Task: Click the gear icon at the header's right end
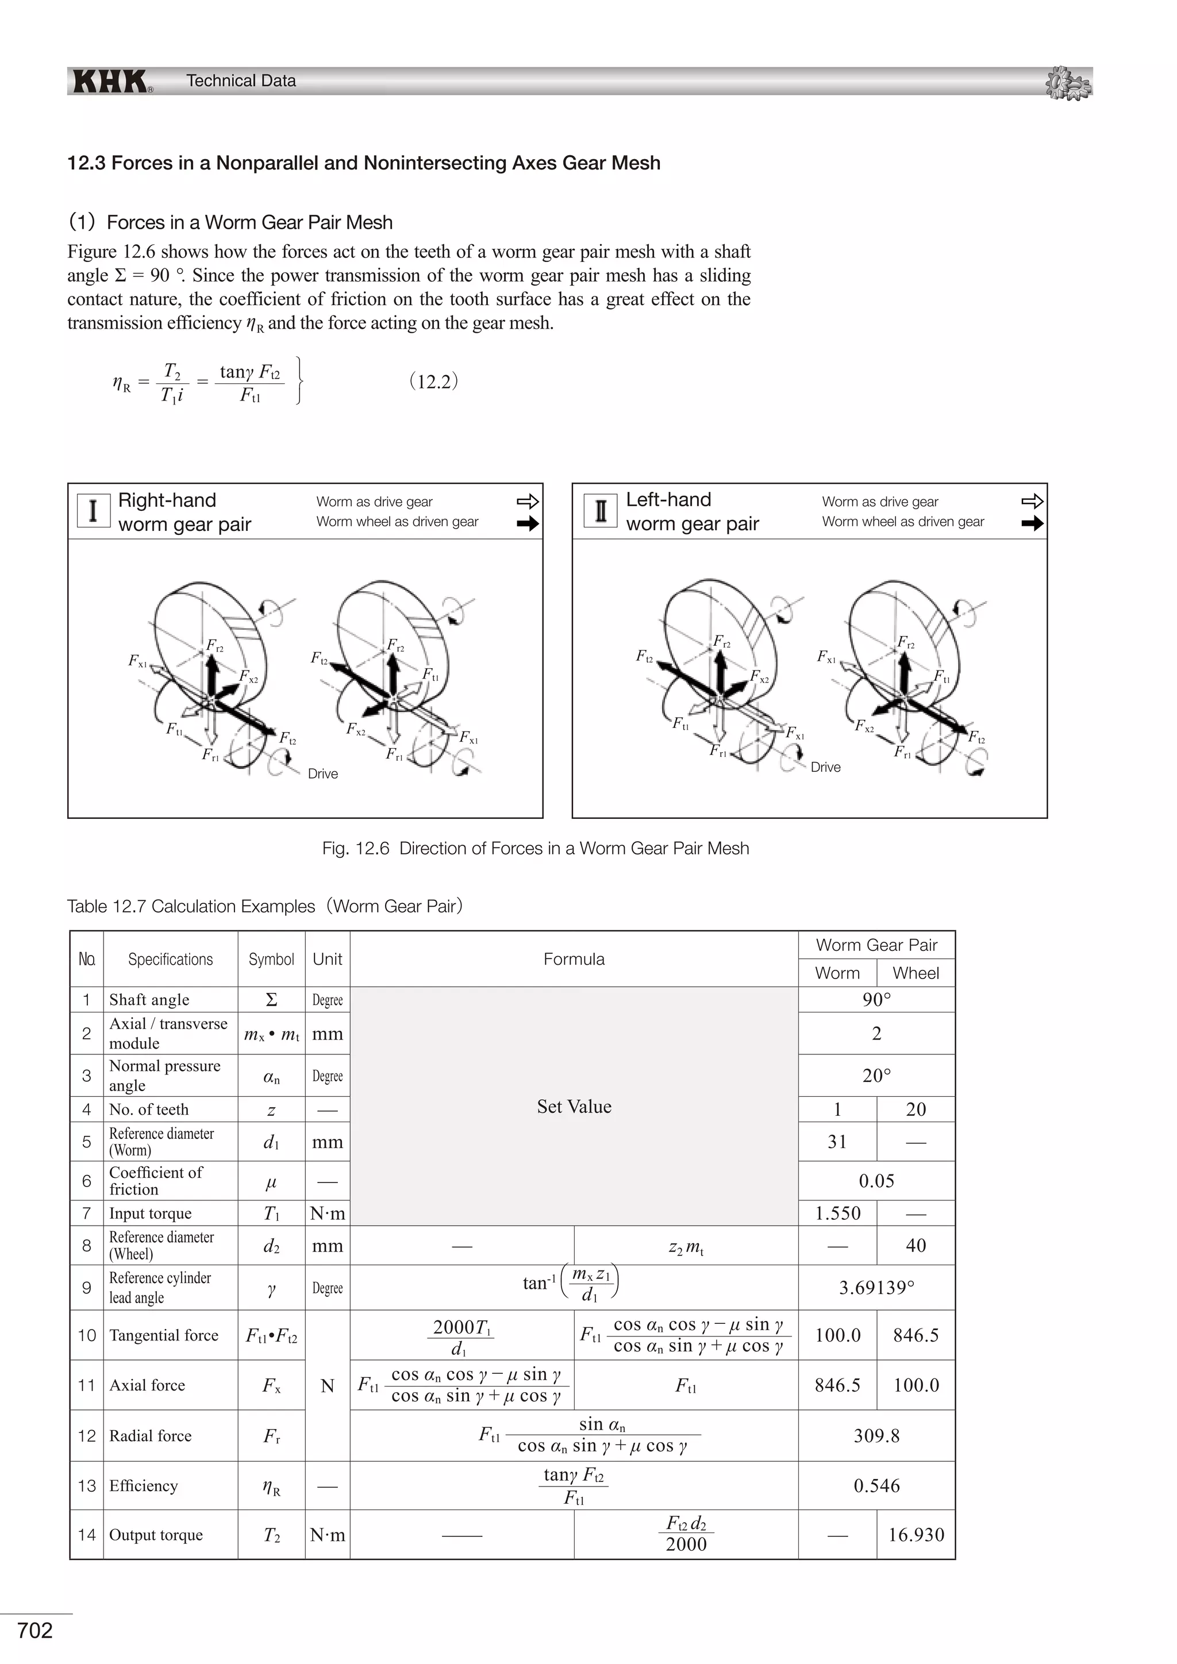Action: click(1068, 83)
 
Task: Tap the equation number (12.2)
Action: click(433, 381)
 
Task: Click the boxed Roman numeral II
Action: click(600, 510)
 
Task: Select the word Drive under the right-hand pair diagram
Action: click(322, 774)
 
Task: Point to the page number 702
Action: click(35, 1630)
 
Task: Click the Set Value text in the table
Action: click(574, 1107)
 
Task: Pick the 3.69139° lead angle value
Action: click(876, 1288)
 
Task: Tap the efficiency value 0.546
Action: click(876, 1486)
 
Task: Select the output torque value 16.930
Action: click(916, 1535)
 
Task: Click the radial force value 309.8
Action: click(876, 1436)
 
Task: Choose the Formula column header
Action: click(574, 959)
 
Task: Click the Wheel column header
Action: click(916, 973)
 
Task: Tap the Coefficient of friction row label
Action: click(156, 1181)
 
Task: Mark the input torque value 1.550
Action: click(837, 1213)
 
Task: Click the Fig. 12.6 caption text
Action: click(536, 848)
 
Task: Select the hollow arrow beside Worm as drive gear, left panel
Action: click(528, 502)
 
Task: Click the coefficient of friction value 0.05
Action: click(876, 1181)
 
